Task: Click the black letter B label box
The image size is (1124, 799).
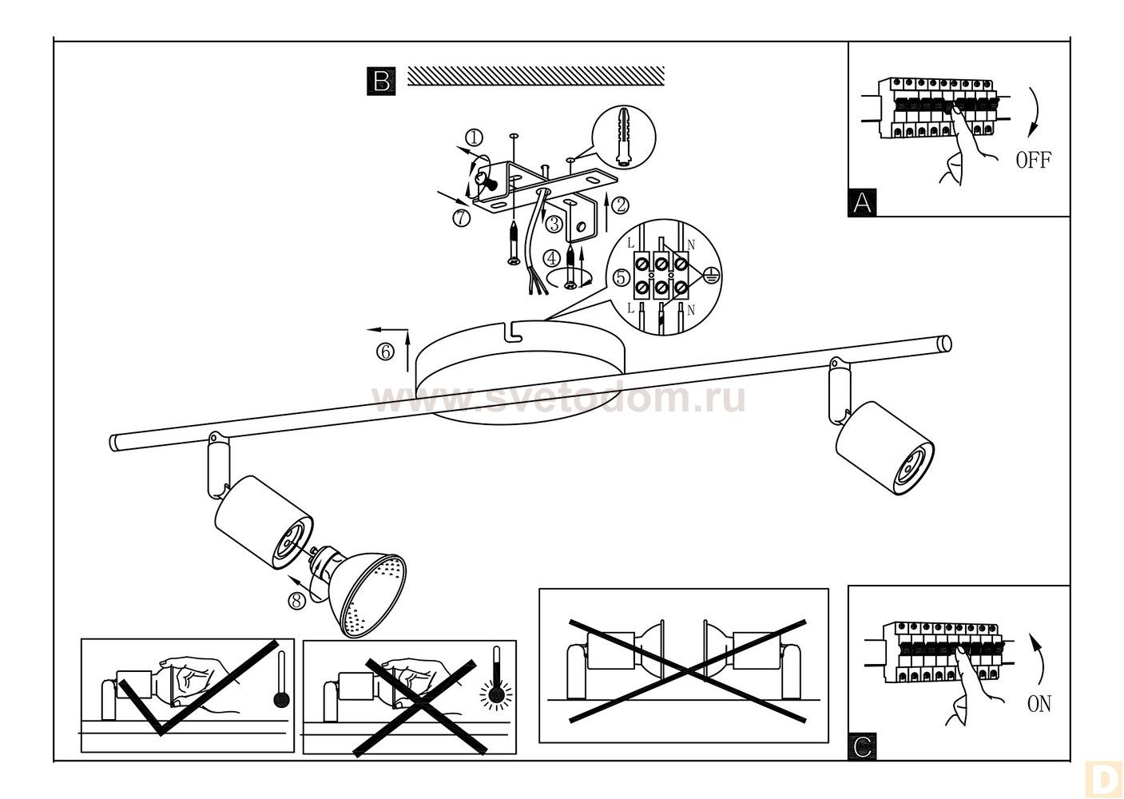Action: tap(381, 81)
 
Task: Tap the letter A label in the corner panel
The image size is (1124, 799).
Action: tap(862, 202)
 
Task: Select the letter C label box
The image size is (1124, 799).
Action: tap(862, 747)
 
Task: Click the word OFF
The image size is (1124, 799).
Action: tap(1033, 160)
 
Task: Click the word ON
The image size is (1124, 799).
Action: tap(1039, 704)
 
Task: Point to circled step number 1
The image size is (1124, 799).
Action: tap(475, 137)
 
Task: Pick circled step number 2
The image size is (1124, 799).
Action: tap(621, 205)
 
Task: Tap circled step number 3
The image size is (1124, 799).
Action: tap(554, 224)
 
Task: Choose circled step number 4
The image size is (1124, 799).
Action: tap(553, 258)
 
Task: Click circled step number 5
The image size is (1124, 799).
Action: tap(622, 277)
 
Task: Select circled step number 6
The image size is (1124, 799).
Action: tap(385, 352)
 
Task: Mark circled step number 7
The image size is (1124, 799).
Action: tap(461, 218)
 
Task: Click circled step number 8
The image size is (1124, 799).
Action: tap(296, 601)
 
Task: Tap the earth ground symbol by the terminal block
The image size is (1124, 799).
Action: tap(709, 274)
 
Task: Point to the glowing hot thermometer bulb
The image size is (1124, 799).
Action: tap(497, 694)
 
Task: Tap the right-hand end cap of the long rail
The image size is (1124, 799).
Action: tap(945, 344)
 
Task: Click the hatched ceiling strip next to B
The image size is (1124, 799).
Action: tap(536, 76)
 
